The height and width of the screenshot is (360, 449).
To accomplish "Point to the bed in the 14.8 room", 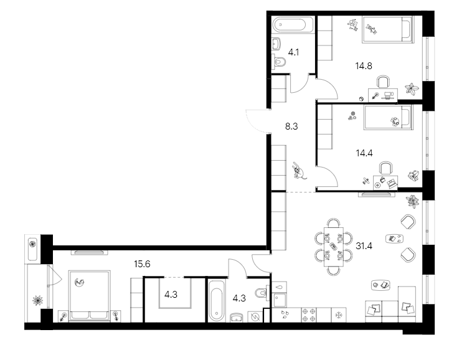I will tap(387, 29).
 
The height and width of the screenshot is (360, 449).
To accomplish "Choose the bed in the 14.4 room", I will tap(387, 116).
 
